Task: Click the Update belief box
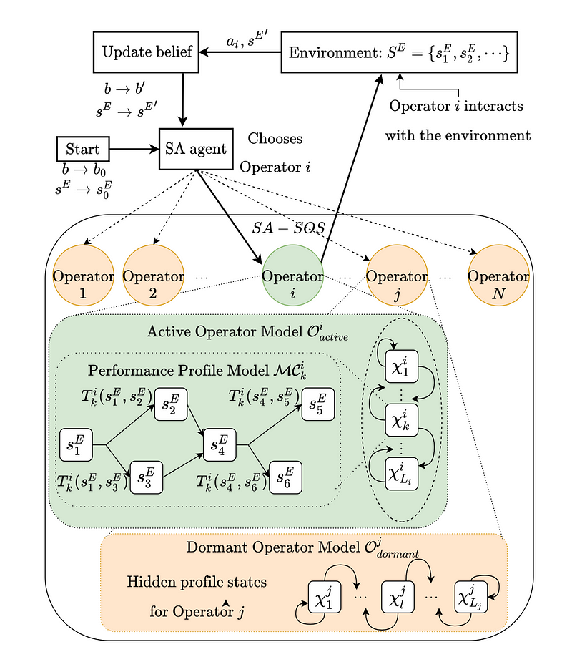[147, 52]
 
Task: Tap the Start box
[83, 150]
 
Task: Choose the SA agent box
[192, 150]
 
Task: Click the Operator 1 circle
[83, 276]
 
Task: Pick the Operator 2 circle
[154, 276]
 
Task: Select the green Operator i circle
[292, 276]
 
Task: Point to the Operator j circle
[396, 276]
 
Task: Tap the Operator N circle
[498, 276]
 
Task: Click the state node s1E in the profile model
[77, 444]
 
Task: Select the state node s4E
[221, 444]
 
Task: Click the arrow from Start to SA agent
[134, 150]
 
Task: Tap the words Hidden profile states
[197, 582]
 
